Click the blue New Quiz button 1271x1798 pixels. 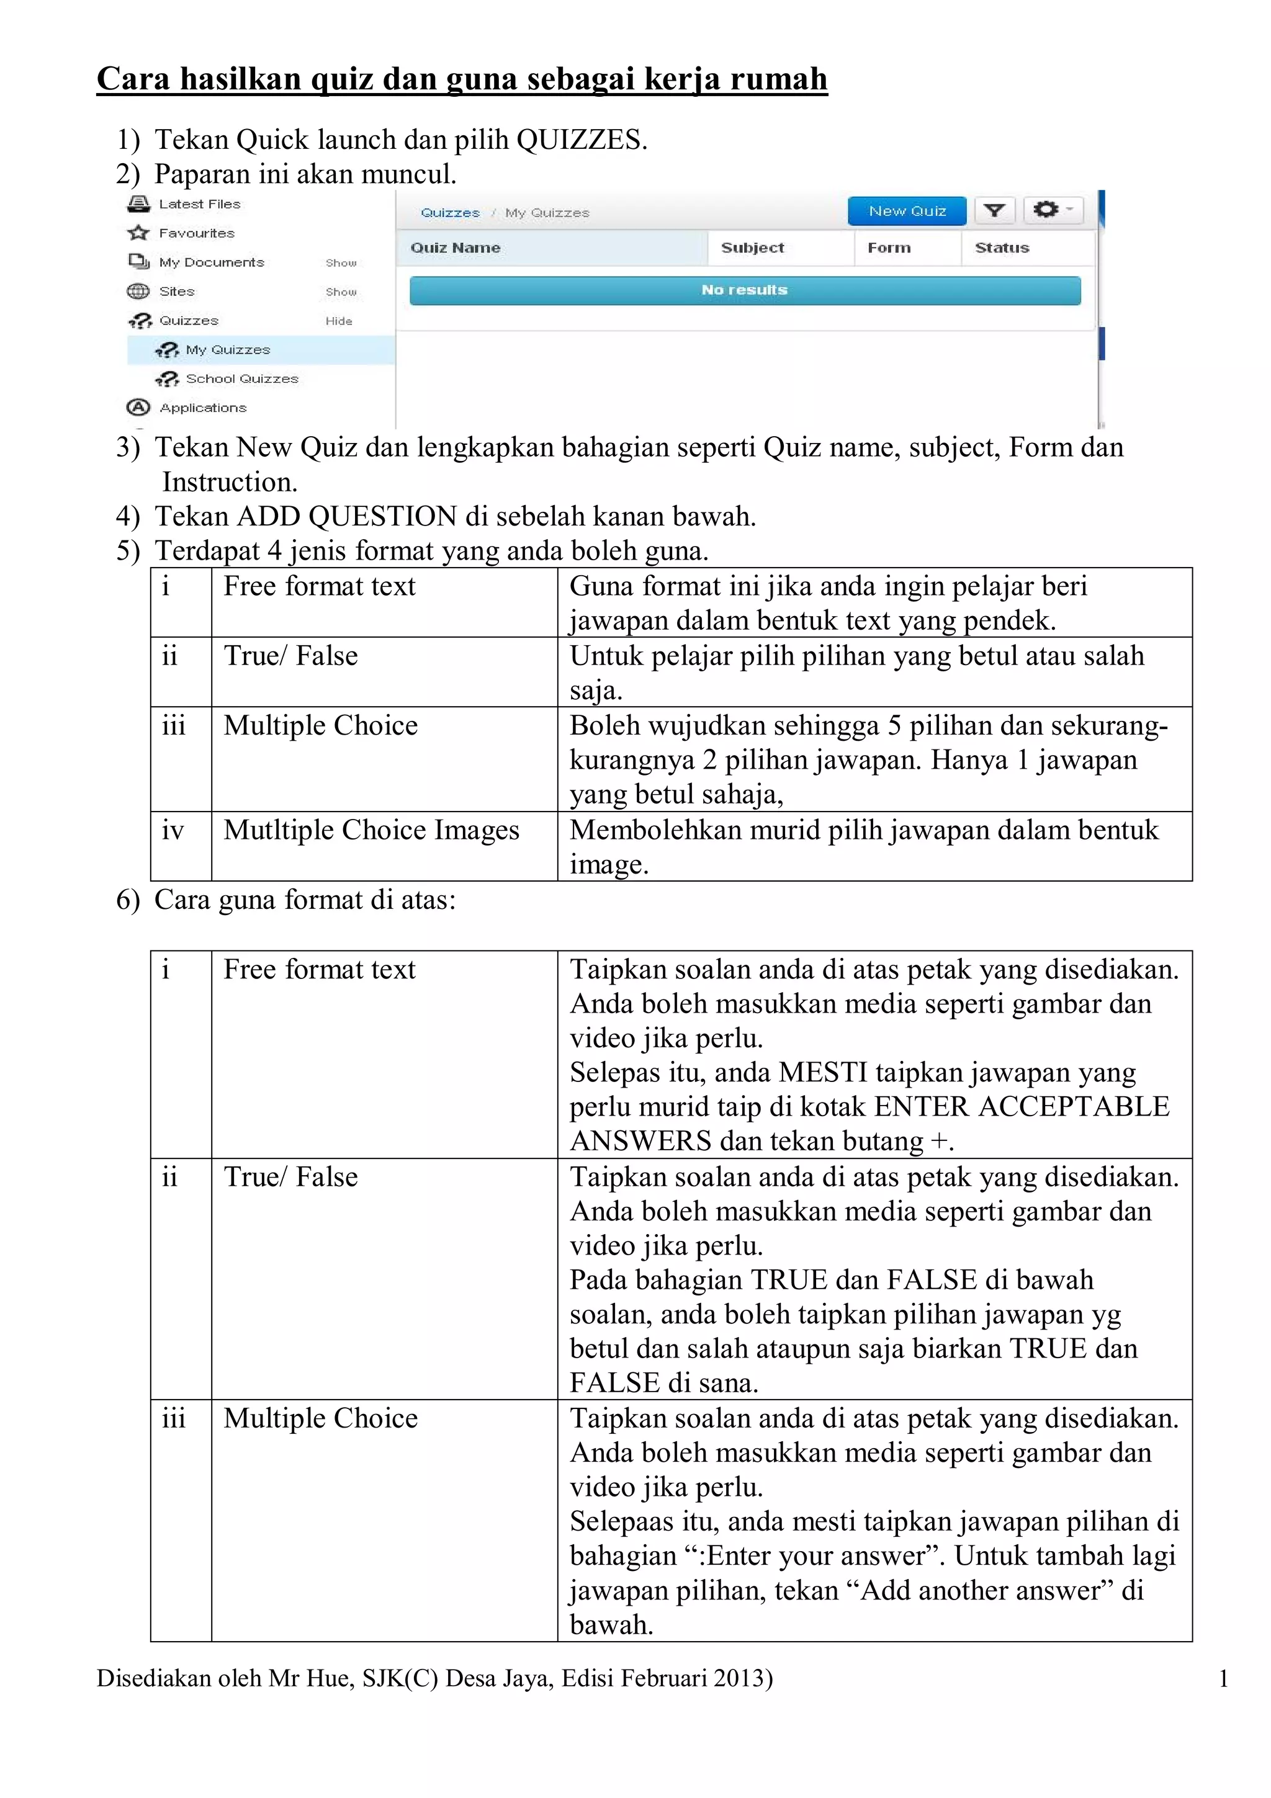coord(906,211)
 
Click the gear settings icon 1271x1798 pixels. coord(1046,209)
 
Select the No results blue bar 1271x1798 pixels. coord(744,290)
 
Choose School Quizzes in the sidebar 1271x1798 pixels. coord(241,379)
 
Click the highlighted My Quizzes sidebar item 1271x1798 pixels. coord(227,350)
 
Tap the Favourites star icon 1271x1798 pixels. coord(138,233)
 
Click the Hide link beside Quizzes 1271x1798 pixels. coord(338,321)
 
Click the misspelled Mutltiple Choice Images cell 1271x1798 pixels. coord(371,830)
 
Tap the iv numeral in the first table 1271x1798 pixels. coord(173,830)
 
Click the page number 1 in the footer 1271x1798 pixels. coord(1223,1679)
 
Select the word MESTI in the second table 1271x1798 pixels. coord(822,1072)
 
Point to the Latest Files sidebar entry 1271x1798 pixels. coord(199,204)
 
